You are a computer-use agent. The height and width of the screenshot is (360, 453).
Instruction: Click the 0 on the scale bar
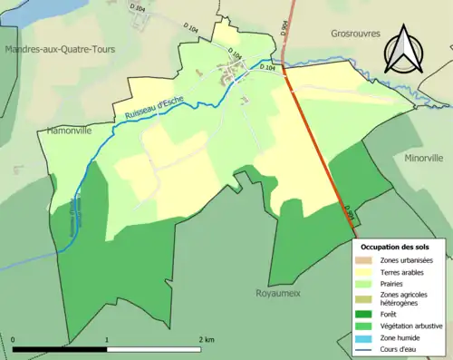pyautogui.click(x=14, y=339)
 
